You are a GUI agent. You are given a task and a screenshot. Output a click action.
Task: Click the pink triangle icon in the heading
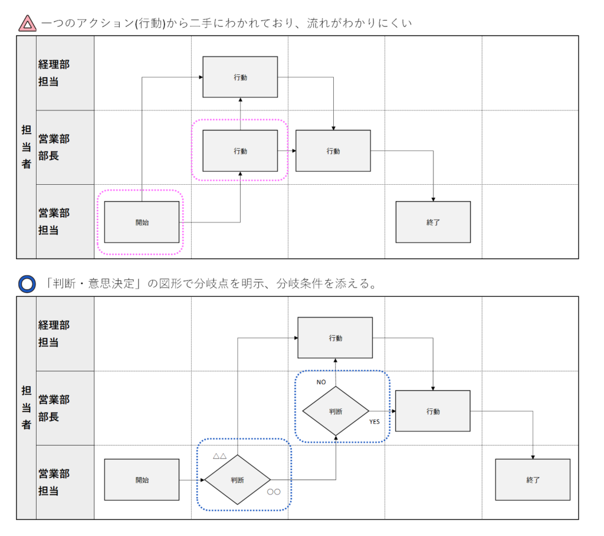pos(27,24)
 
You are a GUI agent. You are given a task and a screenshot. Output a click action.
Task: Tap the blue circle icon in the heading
pos(27,284)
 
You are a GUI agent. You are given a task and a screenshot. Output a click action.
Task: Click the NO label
pos(321,382)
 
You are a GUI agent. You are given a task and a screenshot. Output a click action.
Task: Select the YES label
pos(375,422)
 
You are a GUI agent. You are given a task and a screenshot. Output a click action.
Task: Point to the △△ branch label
pos(219,456)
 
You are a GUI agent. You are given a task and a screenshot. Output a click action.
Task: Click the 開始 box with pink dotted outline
pos(142,222)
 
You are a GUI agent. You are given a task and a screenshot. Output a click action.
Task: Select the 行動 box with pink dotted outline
pos(240,151)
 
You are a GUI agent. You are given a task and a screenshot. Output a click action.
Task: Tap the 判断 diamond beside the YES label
pos(336,411)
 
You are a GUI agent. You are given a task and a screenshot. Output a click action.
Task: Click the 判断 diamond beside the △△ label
pos(237,480)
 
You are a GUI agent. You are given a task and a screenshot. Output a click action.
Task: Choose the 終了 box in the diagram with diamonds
pos(533,480)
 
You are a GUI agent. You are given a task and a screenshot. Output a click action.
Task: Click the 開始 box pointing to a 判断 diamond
pos(142,480)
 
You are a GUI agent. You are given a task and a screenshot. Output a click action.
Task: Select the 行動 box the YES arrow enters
pos(433,411)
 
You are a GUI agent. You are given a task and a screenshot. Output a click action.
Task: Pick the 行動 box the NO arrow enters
pos(335,338)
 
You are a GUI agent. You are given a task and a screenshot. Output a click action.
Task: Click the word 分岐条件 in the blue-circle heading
pos(312,284)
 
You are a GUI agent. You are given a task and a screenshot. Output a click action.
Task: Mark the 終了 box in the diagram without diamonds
pos(433,222)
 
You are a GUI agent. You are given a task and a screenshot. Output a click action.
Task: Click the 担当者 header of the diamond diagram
pos(27,407)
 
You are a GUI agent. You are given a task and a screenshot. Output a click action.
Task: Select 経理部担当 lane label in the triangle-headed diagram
pos(54,73)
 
